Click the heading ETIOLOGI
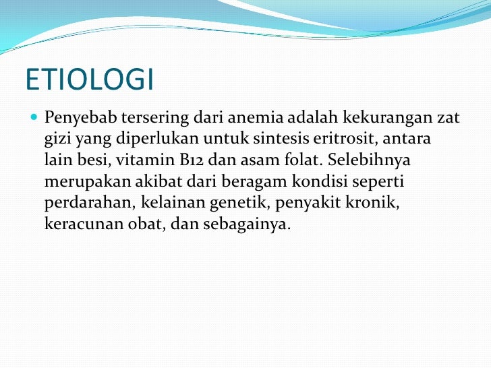tap(90, 80)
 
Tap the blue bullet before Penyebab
tap(35, 118)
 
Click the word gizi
tap(57, 140)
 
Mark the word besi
tap(88, 161)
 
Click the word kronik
tap(375, 203)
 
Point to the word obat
tap(146, 224)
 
